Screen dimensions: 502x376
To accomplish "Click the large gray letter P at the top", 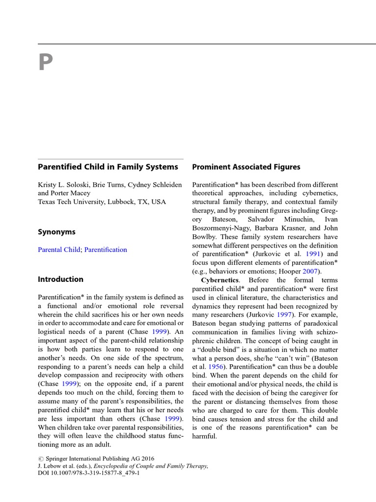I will pos(45,63).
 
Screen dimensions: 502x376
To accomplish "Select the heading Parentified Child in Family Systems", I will pos(108,167).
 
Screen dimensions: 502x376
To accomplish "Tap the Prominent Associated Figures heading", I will pos(246,167).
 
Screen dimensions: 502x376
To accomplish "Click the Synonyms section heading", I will pos(57,232).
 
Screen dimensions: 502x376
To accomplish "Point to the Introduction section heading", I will pos(61,279).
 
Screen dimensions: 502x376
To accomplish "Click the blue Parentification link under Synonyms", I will pos(105,250).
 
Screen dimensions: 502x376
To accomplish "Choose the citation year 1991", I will pos(313,254).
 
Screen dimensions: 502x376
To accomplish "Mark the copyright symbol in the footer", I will pos(41,460).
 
